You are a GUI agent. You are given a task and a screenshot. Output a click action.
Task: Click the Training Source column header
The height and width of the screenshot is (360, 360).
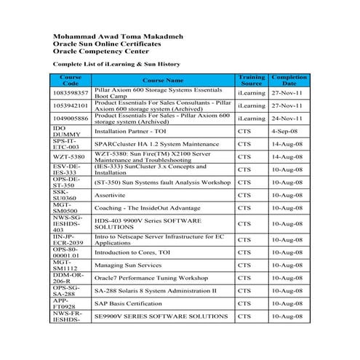pos(252,80)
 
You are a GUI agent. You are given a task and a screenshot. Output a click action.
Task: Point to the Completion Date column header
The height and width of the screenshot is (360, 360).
pos(289,80)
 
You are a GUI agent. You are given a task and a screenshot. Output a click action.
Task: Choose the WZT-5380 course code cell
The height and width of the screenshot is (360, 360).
pos(69,156)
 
